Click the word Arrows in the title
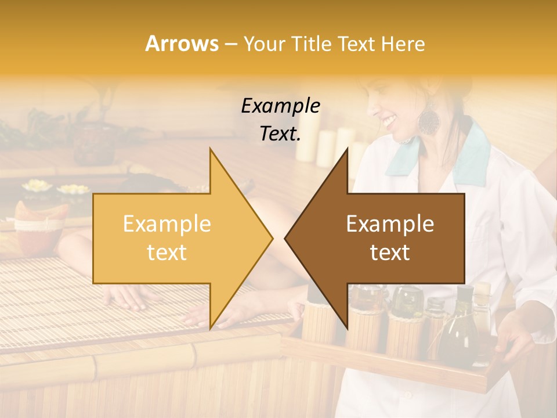182,44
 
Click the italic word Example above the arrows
280,106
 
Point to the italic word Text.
280,134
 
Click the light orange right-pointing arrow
174,238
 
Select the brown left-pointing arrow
383,238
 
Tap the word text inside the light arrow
167,253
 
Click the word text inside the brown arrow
390,253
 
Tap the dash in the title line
230,44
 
